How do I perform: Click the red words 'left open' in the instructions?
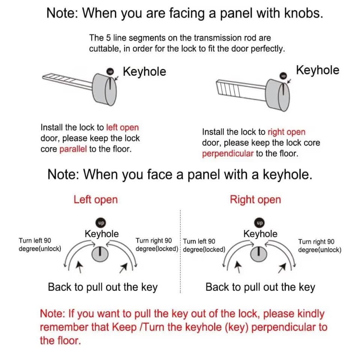[122, 127]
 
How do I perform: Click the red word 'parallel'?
[73, 149]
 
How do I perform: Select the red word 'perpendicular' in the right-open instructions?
[227, 153]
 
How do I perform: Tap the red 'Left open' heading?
[96, 199]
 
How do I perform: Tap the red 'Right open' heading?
[255, 199]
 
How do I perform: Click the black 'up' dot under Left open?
[101, 223]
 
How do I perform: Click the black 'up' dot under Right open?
[259, 223]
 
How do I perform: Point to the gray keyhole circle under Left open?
[100, 254]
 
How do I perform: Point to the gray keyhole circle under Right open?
[259, 254]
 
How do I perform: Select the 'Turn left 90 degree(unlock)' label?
[40, 244]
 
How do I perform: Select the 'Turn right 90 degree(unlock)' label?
[319, 246]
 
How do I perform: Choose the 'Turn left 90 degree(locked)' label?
[204, 245]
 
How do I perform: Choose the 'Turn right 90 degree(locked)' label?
[157, 244]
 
